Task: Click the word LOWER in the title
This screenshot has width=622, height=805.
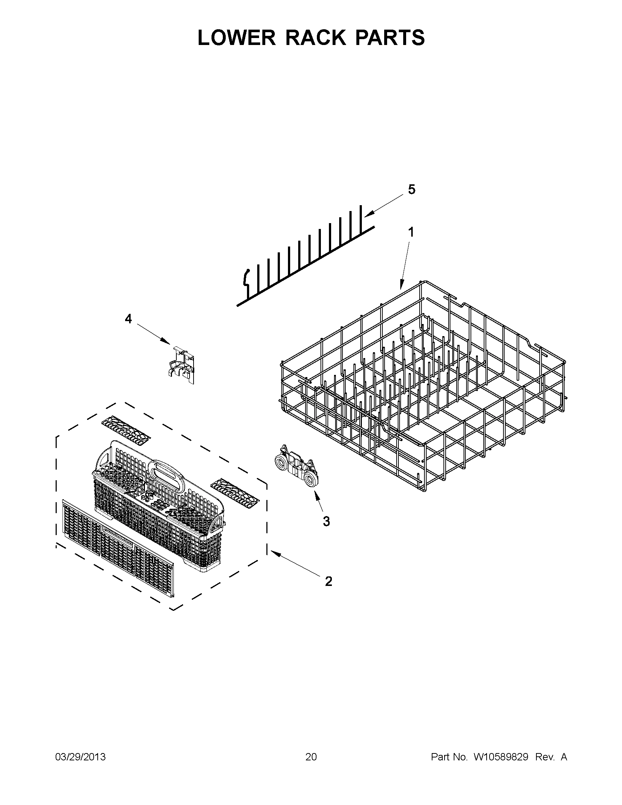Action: point(236,38)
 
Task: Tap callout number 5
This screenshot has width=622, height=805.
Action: point(412,189)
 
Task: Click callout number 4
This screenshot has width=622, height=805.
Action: point(128,319)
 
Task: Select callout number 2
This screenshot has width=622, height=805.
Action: point(328,581)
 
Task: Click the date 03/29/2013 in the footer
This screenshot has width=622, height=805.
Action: point(80,757)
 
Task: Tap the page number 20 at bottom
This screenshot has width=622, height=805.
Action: point(311,757)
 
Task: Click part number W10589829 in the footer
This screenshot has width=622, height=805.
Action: point(501,757)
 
